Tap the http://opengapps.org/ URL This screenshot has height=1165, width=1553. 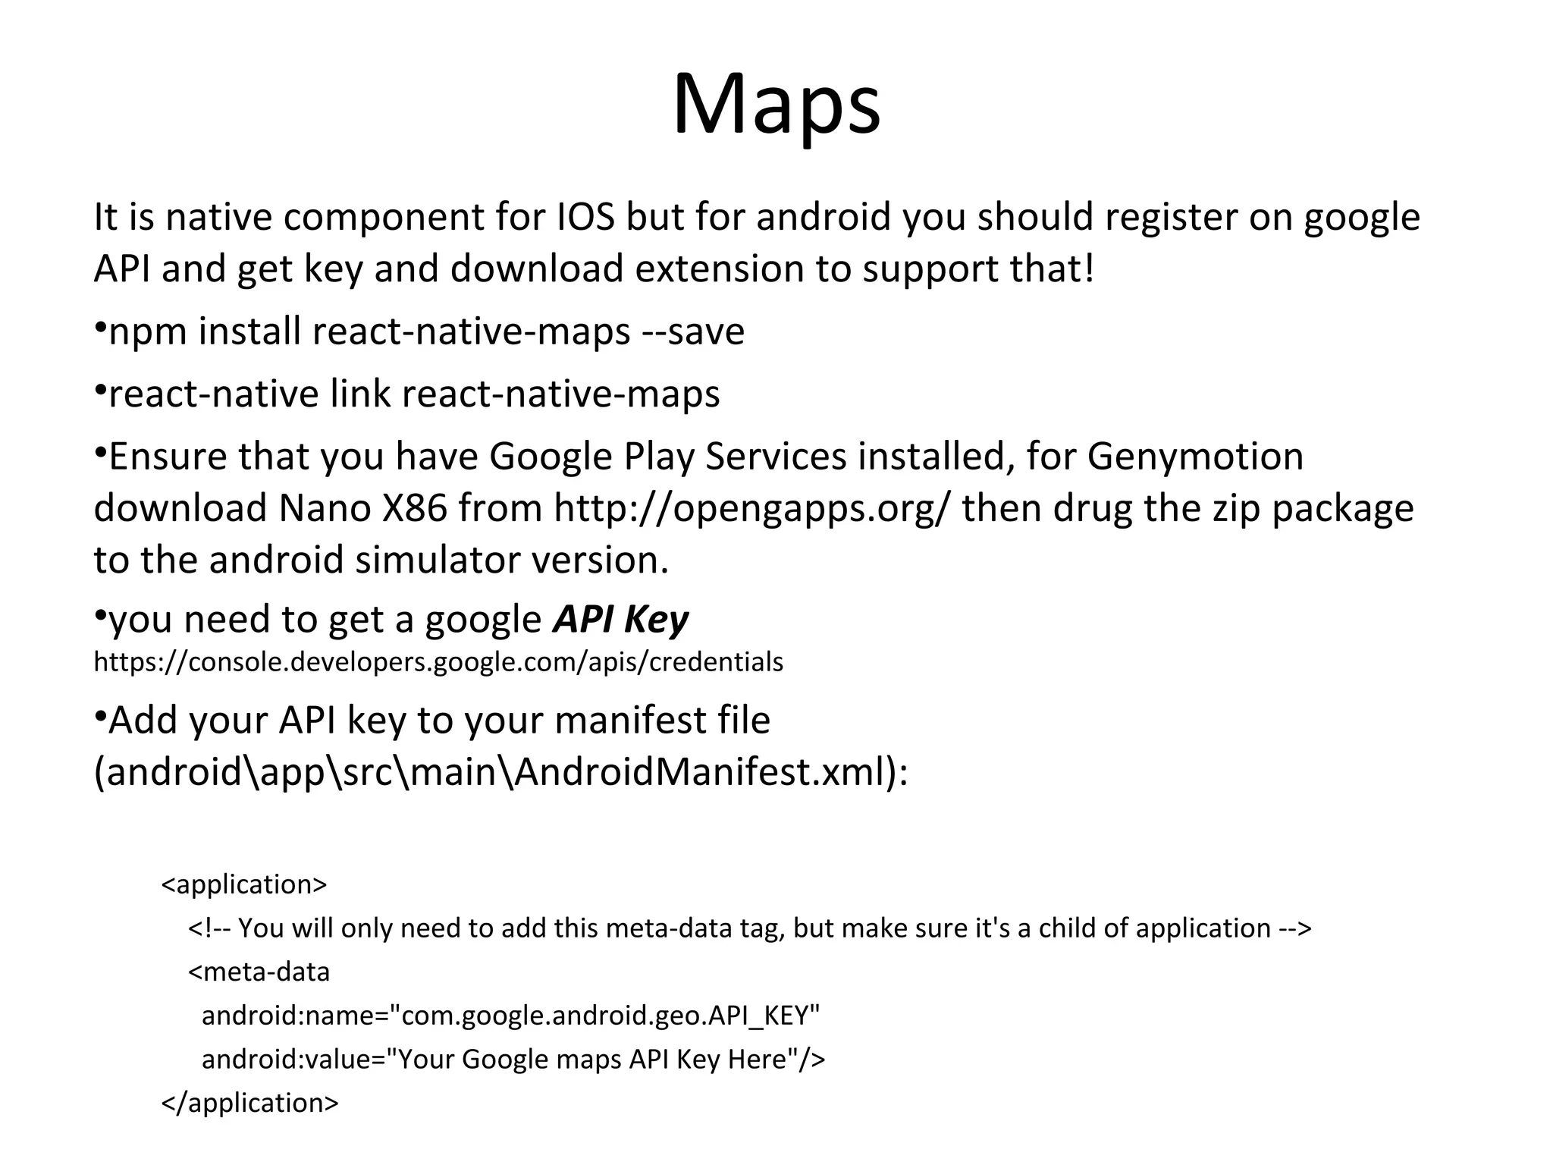(751, 509)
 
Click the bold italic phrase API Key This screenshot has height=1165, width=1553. (620, 620)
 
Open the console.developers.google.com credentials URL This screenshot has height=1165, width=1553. (438, 662)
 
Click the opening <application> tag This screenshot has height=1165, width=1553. (244, 884)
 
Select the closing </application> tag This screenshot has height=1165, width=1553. (250, 1103)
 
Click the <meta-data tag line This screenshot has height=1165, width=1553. (259, 972)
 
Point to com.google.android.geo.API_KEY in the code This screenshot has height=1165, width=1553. (610, 1016)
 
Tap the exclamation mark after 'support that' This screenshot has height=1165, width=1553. (1089, 269)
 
